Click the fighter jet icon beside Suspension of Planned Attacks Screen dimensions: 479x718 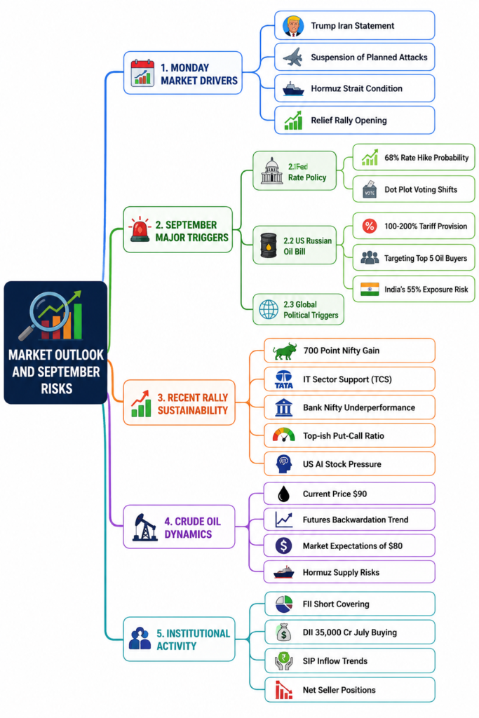pos(293,57)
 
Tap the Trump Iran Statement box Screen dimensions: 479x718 pos(354,26)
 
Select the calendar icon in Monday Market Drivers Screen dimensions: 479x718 pos(142,73)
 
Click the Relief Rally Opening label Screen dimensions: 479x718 pos(349,121)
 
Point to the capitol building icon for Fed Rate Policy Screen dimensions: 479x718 pos(271,171)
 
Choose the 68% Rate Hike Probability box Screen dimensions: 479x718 pos(414,158)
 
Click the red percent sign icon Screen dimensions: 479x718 pos(370,226)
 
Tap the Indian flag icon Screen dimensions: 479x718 pos(370,290)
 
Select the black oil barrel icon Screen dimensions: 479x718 pos(269,245)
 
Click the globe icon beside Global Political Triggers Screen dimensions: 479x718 pos(269,309)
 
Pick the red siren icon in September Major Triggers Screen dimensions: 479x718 pos(140,229)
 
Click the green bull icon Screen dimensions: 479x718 pos(284,351)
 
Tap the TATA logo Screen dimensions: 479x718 pos(284,379)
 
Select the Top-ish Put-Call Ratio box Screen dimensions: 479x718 pos(349,435)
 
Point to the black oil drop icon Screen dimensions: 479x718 pos(284,494)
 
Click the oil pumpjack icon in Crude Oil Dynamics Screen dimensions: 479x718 pos(144,527)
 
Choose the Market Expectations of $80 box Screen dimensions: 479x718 pos(349,546)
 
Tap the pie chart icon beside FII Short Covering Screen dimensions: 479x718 pos(284,604)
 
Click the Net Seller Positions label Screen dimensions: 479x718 pos(339,690)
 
